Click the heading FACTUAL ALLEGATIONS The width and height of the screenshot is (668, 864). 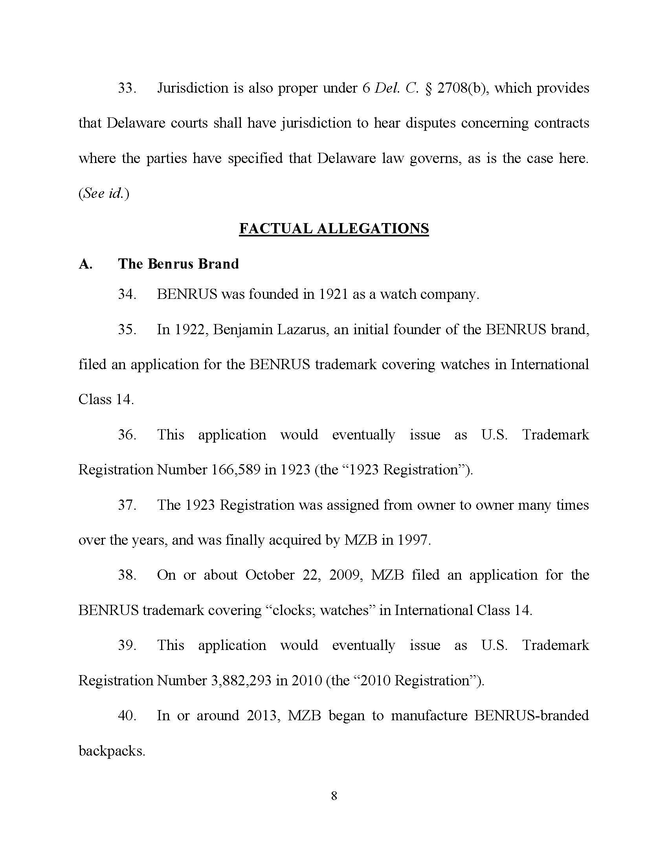334,229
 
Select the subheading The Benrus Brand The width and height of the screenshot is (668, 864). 178,264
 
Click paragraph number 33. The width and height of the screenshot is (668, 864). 127,88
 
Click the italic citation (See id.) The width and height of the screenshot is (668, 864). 104,194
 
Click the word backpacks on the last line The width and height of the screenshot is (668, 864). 111,751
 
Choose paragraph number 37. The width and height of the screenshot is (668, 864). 127,505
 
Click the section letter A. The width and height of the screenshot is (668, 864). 86,264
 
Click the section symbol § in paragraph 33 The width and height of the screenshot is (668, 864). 428,88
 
